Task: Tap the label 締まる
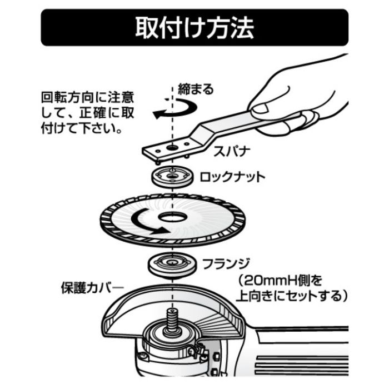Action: tap(196, 88)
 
